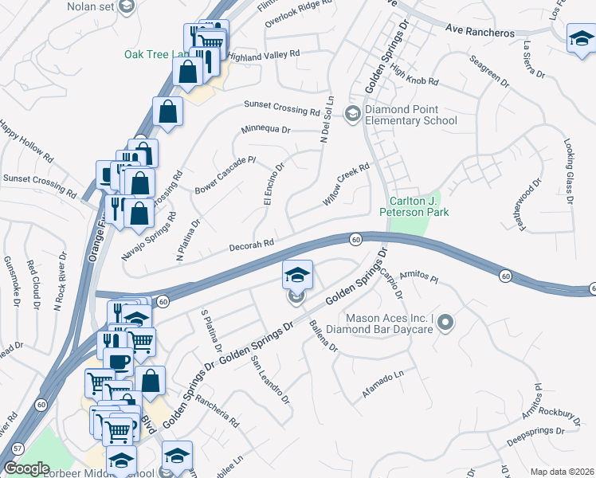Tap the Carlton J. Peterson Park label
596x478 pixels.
click(419, 207)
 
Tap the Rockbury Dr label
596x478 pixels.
click(556, 412)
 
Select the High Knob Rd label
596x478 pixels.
click(415, 76)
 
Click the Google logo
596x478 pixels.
click(27, 468)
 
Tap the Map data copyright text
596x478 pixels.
click(562, 472)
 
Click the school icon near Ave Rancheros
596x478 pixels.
click(580, 37)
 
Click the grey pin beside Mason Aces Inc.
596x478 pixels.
click(445, 323)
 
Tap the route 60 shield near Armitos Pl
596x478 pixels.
click(506, 276)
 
